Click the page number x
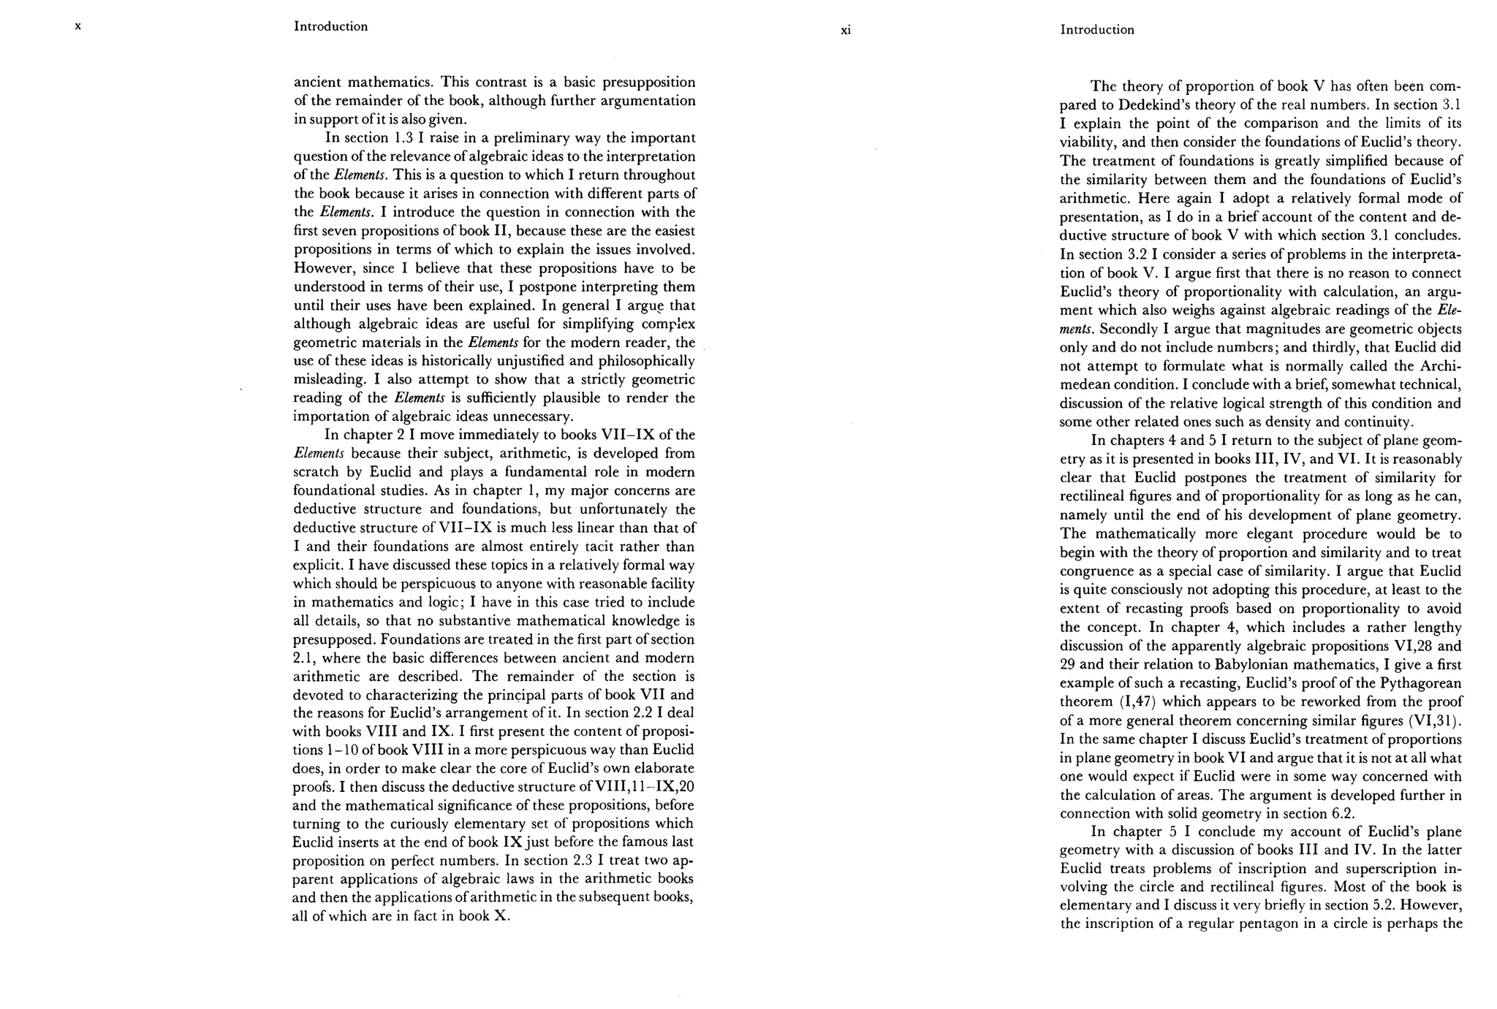click(78, 26)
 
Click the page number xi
click(846, 31)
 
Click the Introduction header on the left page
click(330, 26)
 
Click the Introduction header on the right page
click(1097, 30)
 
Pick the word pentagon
click(1251, 923)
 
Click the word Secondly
click(1126, 329)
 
